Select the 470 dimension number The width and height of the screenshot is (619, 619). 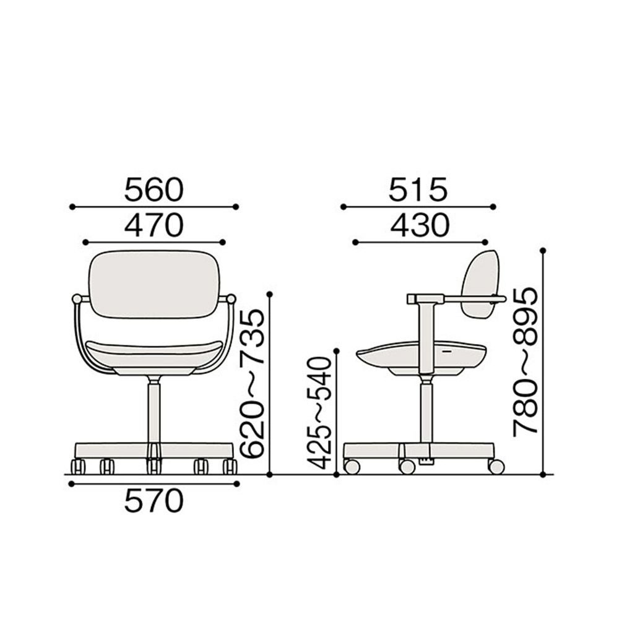(x=154, y=225)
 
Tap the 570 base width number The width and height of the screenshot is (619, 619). (x=154, y=501)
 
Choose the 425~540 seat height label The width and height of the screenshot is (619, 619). (x=318, y=413)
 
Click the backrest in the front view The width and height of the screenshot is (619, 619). (x=154, y=284)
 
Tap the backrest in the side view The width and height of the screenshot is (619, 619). (x=480, y=284)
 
